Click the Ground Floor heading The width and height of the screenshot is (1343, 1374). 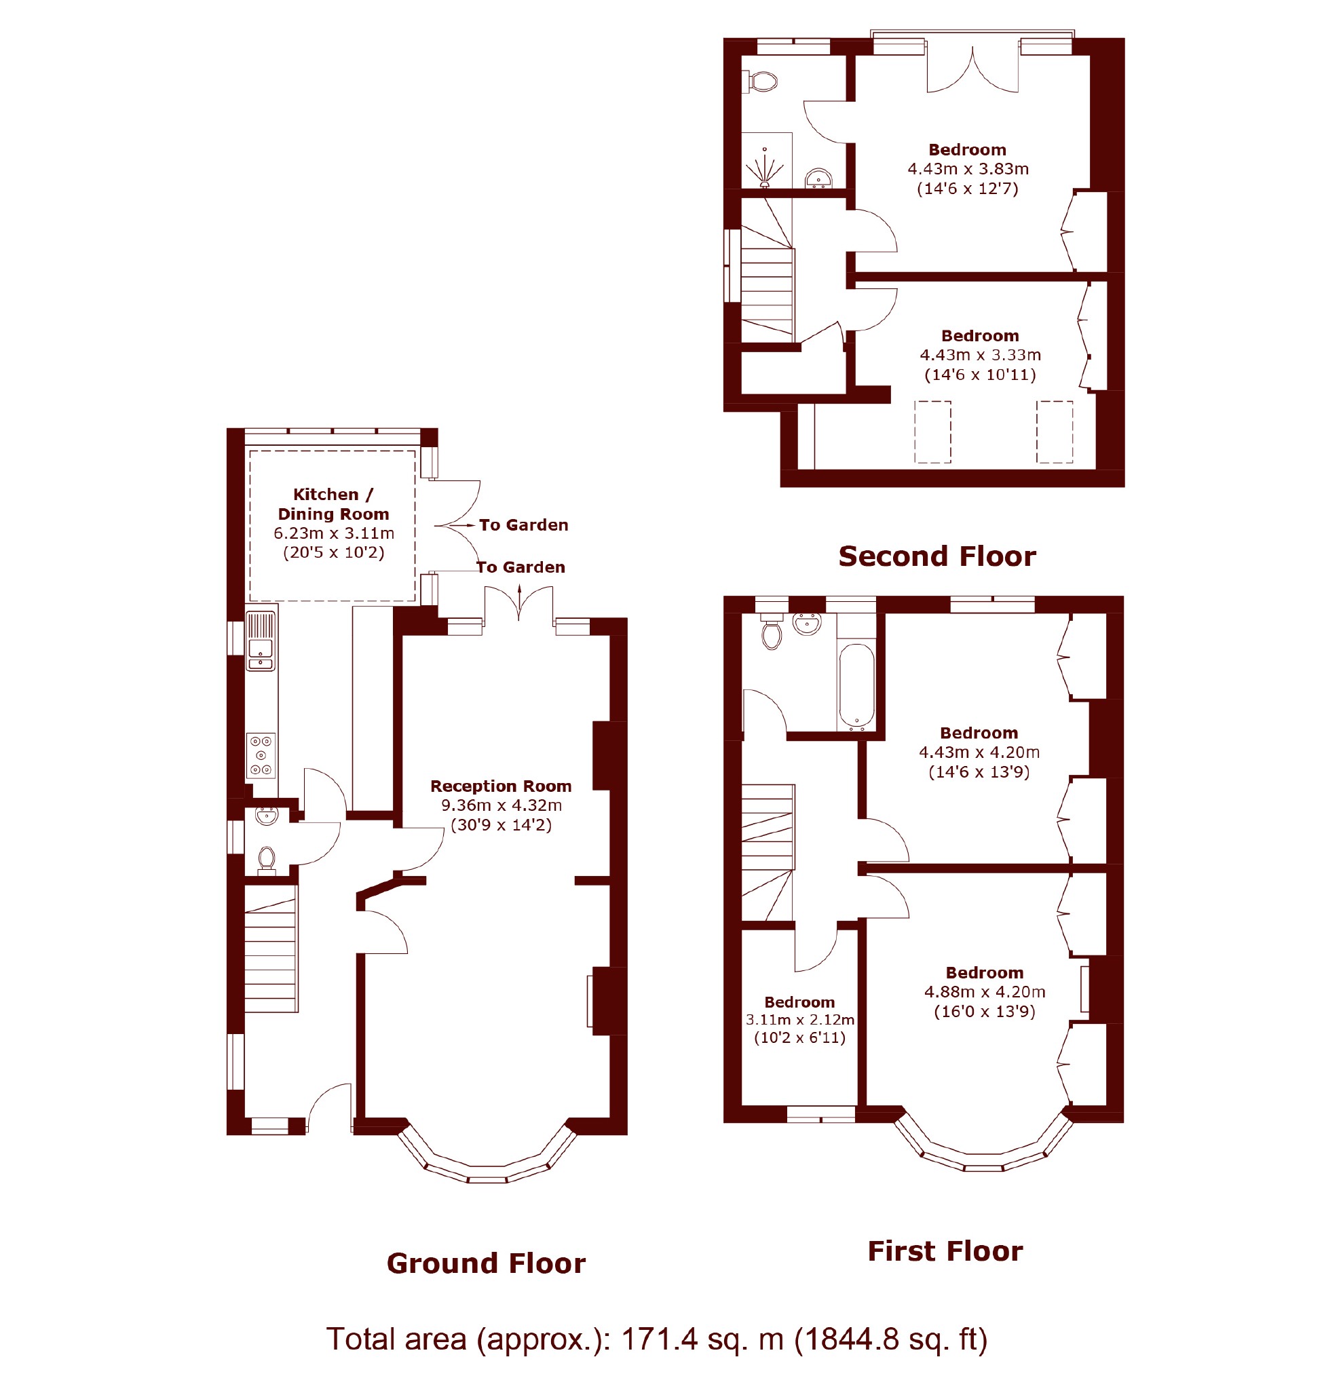click(486, 1263)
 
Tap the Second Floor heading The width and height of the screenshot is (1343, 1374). click(937, 556)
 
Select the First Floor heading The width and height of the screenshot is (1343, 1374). click(945, 1251)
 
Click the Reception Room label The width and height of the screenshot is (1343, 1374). click(501, 786)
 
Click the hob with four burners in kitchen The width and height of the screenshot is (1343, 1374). click(261, 756)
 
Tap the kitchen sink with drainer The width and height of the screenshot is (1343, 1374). click(261, 641)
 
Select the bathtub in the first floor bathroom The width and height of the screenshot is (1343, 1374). click(856, 686)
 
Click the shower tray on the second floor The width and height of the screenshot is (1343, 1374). click(767, 160)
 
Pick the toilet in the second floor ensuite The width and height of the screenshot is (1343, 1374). click(759, 81)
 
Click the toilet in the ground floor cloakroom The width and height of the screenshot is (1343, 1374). click(266, 861)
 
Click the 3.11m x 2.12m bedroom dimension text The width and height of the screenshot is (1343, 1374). click(800, 1019)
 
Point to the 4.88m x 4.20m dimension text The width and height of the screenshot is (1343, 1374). click(985, 992)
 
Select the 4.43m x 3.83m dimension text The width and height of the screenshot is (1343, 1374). click(968, 168)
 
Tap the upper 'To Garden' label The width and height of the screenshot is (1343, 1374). click(523, 524)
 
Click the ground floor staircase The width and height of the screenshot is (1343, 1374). click(271, 949)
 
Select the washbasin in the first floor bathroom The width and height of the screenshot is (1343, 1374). click(807, 624)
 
